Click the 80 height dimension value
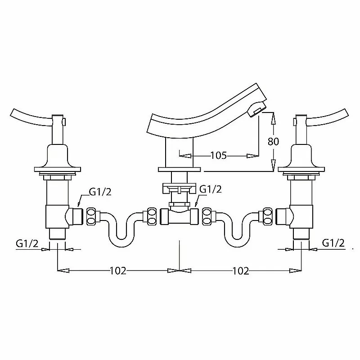pyautogui.click(x=273, y=141)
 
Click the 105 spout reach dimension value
pyautogui.click(x=219, y=155)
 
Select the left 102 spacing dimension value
pyautogui.click(x=118, y=271)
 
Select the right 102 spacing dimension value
pyautogui.click(x=241, y=271)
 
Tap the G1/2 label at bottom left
pyautogui.click(x=27, y=243)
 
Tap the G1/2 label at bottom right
pyautogui.click(x=333, y=243)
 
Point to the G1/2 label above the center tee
pyautogui.click(x=211, y=189)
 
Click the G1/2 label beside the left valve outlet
pyautogui.click(x=100, y=192)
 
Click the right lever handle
pyautogui.click(x=328, y=117)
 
